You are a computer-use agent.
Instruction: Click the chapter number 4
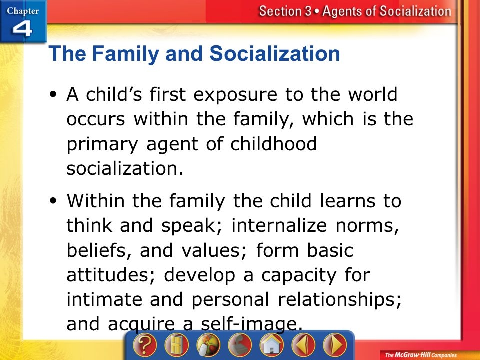point(22,29)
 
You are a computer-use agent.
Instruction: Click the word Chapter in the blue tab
point(23,11)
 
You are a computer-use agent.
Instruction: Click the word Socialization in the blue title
point(275,53)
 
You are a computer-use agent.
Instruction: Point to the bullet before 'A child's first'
point(53,94)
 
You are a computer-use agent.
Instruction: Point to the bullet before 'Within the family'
point(53,201)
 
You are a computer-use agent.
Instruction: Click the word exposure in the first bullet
point(235,95)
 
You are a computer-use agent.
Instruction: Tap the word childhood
point(273,143)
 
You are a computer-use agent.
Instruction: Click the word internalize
point(279,225)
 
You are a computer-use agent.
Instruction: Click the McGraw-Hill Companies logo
point(421,355)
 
